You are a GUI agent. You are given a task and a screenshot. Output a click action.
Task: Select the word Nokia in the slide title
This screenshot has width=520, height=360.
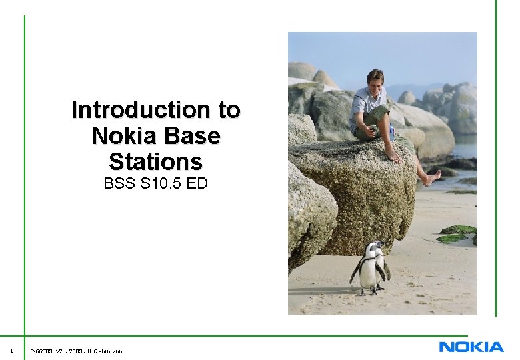tap(120, 136)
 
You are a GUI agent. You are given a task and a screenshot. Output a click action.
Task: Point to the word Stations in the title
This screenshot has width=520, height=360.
tap(155, 162)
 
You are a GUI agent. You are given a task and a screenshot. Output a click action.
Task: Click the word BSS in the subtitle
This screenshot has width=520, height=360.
tap(119, 183)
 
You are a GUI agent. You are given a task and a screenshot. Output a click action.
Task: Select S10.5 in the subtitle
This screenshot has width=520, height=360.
tap(161, 183)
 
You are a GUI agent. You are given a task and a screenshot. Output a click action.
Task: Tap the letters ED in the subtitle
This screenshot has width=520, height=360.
tap(197, 183)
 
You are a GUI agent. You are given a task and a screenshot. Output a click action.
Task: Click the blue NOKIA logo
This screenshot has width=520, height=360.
tap(471, 347)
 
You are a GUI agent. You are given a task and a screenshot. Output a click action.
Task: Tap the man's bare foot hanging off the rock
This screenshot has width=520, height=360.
tap(431, 178)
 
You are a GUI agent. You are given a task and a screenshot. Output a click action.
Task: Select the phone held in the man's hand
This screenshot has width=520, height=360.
tap(370, 123)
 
